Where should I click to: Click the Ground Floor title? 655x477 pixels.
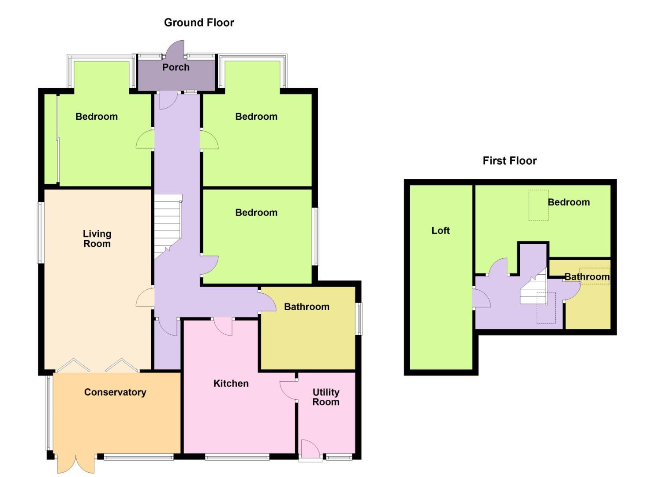pos(199,23)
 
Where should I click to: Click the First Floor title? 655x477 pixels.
pos(509,161)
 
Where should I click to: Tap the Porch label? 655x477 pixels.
pos(176,68)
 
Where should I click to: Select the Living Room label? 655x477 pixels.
pos(97,238)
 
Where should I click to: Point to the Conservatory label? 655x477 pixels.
pos(115,392)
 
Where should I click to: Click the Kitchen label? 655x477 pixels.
pos(231,383)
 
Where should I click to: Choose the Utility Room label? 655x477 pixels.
pos(326,397)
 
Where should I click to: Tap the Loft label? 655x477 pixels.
pos(440,231)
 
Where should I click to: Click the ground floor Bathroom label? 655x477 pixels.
pos(307,307)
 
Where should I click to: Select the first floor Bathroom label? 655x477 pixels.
pos(587,277)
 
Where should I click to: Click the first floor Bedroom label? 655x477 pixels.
pos(569,202)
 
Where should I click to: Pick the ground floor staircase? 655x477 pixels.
pos(168,223)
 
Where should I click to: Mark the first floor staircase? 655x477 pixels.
pos(533,290)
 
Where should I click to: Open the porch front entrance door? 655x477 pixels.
pos(175,49)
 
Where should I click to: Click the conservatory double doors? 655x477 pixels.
pos(75,464)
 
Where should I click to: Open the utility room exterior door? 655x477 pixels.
pos(311,450)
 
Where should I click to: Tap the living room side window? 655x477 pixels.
pos(41,232)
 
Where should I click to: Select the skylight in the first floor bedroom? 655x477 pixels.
pos(539,205)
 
